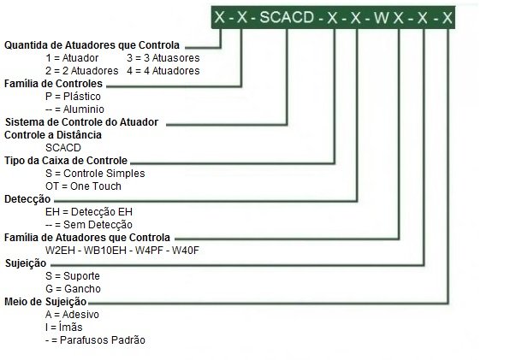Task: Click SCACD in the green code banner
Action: click(287, 17)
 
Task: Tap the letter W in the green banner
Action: click(382, 17)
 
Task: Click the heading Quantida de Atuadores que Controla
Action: click(92, 45)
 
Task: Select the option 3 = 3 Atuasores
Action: click(163, 58)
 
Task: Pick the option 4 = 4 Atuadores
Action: click(163, 71)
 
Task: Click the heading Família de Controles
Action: click(53, 84)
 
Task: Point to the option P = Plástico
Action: click(73, 97)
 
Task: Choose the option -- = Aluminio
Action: click(74, 109)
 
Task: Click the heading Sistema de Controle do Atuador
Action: click(81, 122)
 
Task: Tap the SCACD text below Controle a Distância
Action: click(63, 148)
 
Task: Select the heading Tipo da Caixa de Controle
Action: click(66, 161)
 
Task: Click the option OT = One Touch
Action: click(83, 186)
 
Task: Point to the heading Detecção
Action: click(27, 199)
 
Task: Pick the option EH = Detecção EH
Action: click(89, 212)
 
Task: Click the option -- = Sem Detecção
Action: click(89, 225)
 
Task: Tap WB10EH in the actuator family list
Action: click(105, 251)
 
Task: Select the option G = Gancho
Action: click(73, 289)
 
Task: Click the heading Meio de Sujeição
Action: click(45, 302)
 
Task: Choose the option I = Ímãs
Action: click(64, 328)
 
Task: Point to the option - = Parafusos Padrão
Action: click(96, 340)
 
